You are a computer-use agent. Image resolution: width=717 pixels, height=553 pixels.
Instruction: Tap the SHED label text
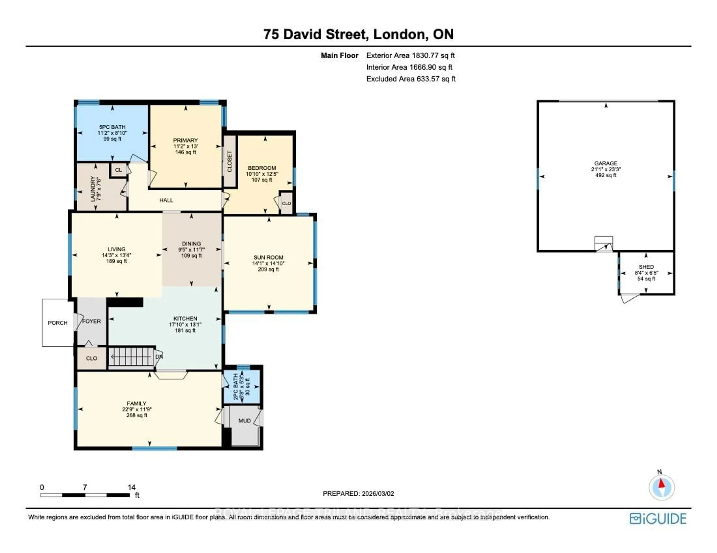(x=646, y=267)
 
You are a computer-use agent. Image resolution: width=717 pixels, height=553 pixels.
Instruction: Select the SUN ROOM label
(x=268, y=257)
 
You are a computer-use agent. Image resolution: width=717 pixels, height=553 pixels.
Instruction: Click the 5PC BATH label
(x=112, y=127)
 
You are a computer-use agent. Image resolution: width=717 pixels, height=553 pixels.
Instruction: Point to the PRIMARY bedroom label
(x=185, y=140)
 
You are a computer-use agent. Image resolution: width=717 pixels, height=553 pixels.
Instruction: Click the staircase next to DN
(x=131, y=357)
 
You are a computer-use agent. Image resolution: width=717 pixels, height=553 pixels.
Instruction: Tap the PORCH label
(x=58, y=323)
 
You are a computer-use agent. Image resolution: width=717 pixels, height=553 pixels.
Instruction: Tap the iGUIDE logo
(x=658, y=519)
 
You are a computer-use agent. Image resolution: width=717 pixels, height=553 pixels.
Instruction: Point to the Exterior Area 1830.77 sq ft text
(x=410, y=55)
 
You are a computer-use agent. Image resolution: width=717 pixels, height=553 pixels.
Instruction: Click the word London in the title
(x=399, y=34)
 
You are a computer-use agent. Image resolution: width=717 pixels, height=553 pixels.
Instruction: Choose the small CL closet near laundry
(x=119, y=170)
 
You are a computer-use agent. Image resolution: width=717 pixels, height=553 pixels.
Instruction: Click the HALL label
(x=166, y=200)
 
